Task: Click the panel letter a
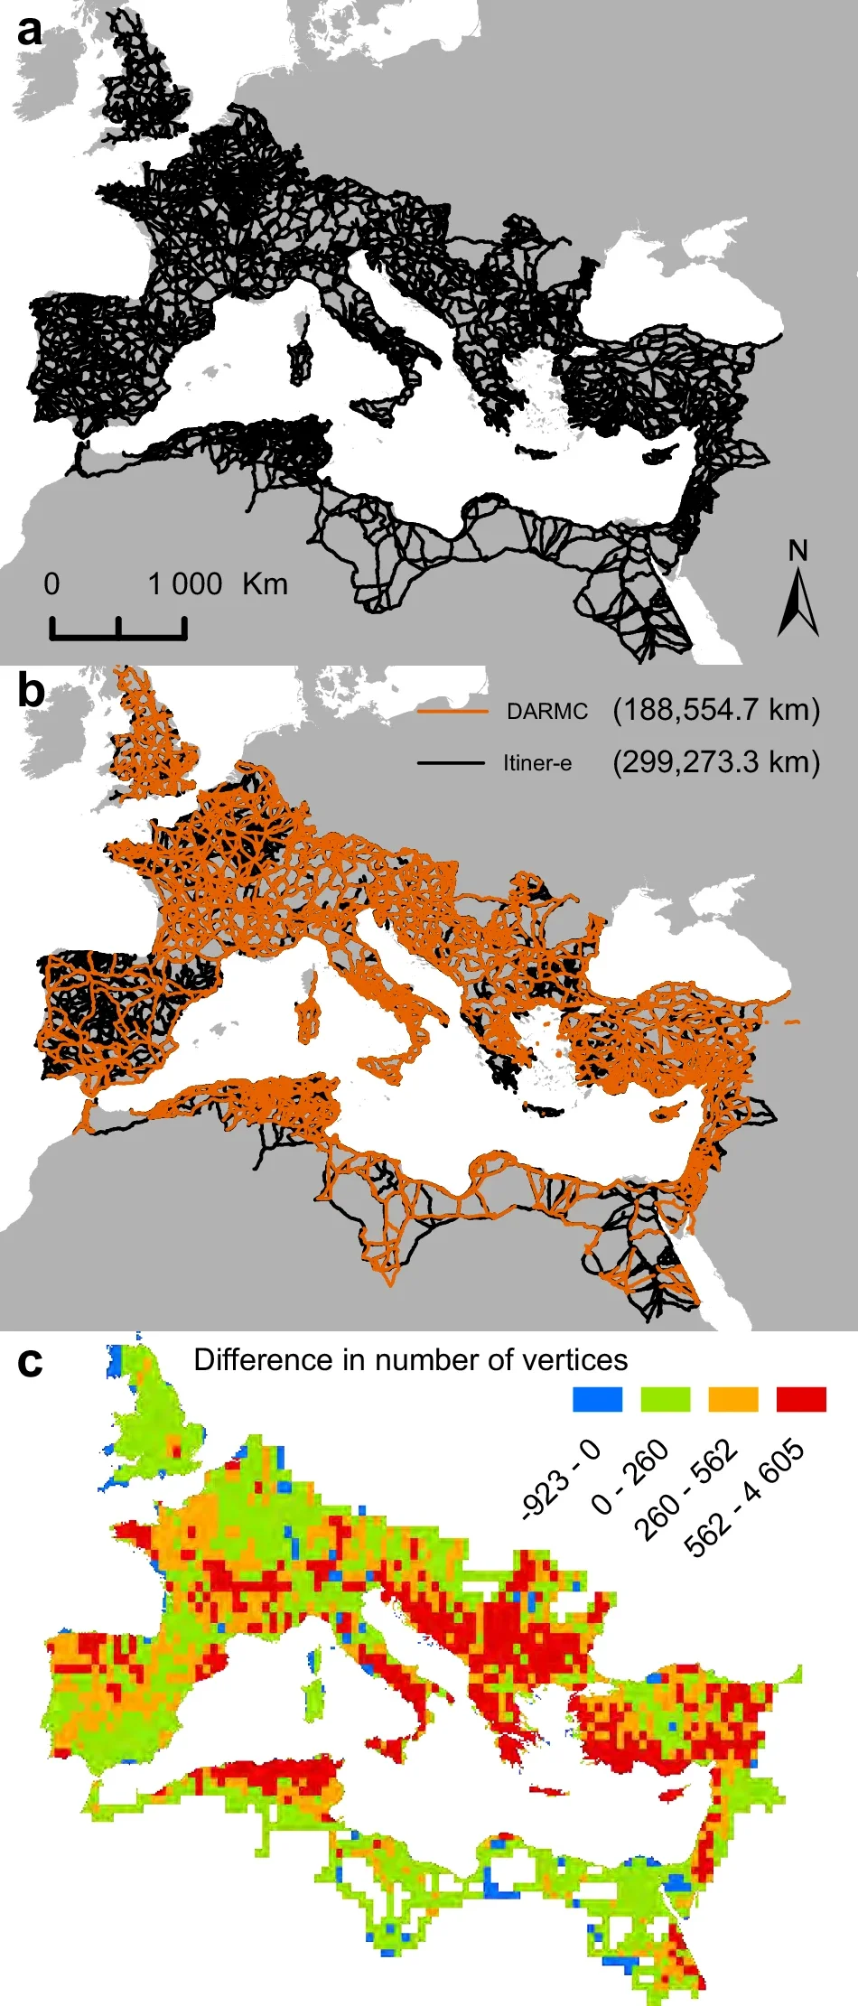click(29, 32)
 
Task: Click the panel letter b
click(31, 691)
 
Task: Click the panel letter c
click(30, 1363)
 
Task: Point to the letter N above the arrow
click(797, 550)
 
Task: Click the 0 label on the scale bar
click(51, 584)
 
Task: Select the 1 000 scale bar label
click(185, 584)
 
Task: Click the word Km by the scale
click(265, 584)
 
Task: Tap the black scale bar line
click(118, 635)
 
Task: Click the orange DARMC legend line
click(452, 712)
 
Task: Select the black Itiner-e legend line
click(452, 763)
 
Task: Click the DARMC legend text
click(547, 712)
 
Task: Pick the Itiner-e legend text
click(537, 763)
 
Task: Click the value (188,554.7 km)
click(716, 710)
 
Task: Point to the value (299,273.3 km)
click(716, 762)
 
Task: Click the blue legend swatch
click(598, 1399)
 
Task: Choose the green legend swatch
click(666, 1399)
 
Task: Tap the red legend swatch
click(801, 1399)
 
